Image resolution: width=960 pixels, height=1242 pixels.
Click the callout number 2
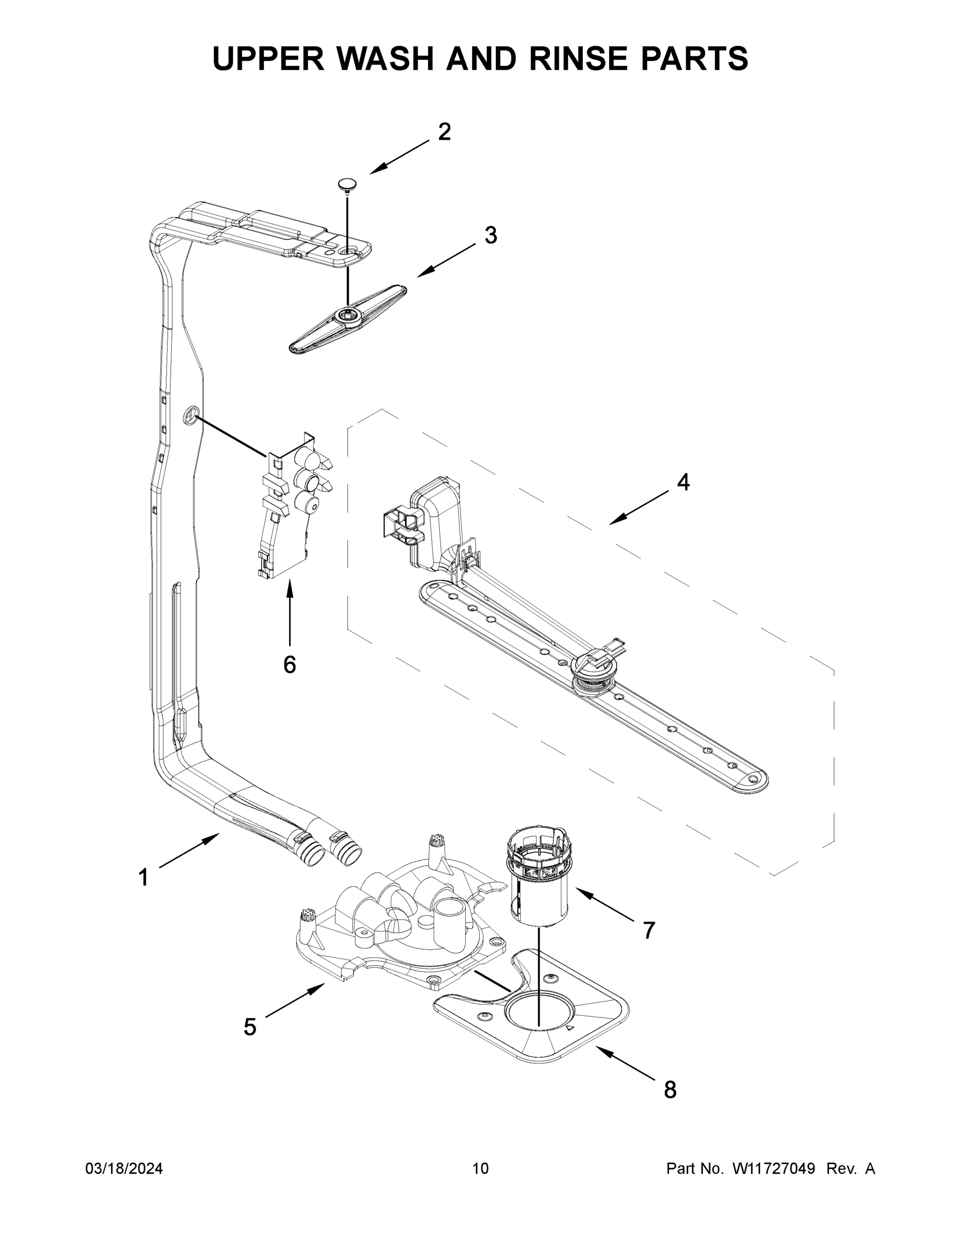[444, 132]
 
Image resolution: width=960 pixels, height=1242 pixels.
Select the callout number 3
[491, 235]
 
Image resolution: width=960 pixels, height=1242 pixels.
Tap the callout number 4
[683, 482]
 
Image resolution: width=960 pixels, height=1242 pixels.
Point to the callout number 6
[289, 664]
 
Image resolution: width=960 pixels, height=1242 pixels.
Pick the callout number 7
[649, 930]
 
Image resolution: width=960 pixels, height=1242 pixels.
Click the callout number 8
[671, 1089]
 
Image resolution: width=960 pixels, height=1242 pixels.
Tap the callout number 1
[144, 878]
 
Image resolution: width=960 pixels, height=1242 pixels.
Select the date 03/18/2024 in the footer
[124, 1169]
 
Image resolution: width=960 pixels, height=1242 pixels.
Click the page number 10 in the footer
[480, 1169]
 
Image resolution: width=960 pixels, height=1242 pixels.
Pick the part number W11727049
[774, 1169]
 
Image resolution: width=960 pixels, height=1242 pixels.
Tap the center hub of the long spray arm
[594, 671]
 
